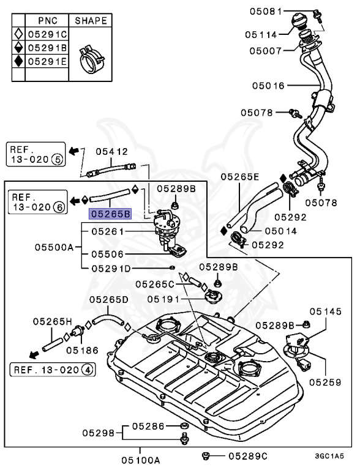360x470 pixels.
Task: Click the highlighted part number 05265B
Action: (x=110, y=214)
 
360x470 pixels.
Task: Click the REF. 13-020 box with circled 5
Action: (x=34, y=154)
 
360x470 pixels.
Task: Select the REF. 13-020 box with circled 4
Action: (x=51, y=370)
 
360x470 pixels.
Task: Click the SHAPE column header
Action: (x=91, y=20)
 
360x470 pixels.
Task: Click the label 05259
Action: (x=325, y=382)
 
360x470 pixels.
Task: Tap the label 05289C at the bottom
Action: (x=249, y=456)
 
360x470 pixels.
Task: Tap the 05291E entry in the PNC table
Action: (x=48, y=62)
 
